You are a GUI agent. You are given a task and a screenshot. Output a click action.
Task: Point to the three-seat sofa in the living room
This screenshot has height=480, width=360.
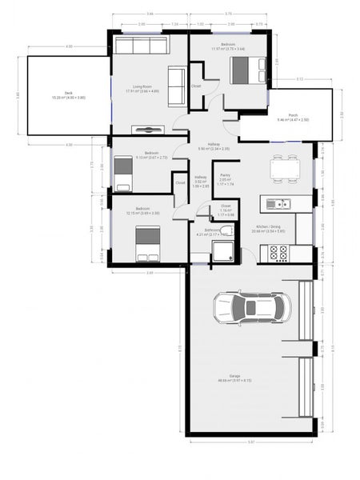[x=141, y=45]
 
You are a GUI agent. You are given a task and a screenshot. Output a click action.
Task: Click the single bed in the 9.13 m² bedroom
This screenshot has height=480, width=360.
[x=122, y=174]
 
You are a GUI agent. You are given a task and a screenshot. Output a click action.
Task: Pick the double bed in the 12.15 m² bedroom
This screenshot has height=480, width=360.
[x=147, y=242]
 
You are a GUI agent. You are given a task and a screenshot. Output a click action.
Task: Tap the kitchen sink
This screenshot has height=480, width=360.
[x=279, y=202]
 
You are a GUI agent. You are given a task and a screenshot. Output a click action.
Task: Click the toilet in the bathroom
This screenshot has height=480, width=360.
[x=228, y=231]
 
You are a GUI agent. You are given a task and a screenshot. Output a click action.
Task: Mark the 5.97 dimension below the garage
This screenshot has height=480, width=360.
[x=250, y=442]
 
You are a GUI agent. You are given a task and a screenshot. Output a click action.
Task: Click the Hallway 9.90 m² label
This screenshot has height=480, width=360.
[x=214, y=146]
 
